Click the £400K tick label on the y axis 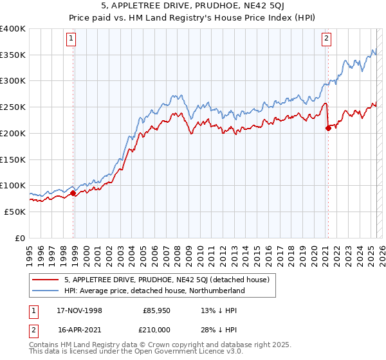(13, 29)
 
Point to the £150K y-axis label (13, 159)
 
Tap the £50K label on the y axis (15, 211)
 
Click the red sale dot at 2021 (328, 128)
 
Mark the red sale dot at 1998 (73, 193)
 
